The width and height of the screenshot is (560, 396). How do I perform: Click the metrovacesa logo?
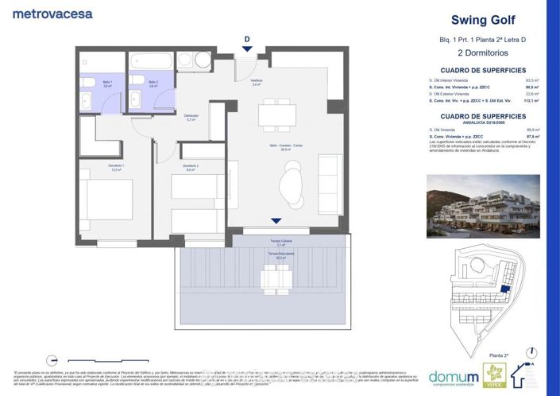tap(53, 14)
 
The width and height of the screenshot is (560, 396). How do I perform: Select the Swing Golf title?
tap(481, 20)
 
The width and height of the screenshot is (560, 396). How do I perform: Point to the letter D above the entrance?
tap(247, 39)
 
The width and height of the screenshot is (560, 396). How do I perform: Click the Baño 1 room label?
tap(95, 83)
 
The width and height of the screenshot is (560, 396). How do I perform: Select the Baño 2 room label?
tap(153, 83)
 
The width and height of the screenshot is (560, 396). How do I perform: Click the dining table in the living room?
tap(276, 115)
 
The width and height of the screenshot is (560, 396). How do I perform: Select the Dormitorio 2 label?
tap(191, 167)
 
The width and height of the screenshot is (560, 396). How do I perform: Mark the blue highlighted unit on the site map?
tap(505, 293)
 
